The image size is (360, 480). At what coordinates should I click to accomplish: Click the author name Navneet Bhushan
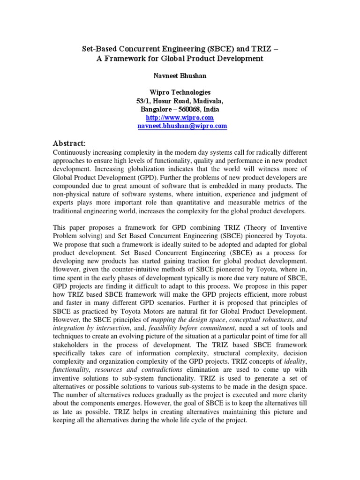tap(180, 75)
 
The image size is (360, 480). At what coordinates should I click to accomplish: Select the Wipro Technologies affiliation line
tap(180, 92)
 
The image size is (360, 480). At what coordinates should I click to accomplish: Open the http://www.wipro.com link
tap(180, 118)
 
